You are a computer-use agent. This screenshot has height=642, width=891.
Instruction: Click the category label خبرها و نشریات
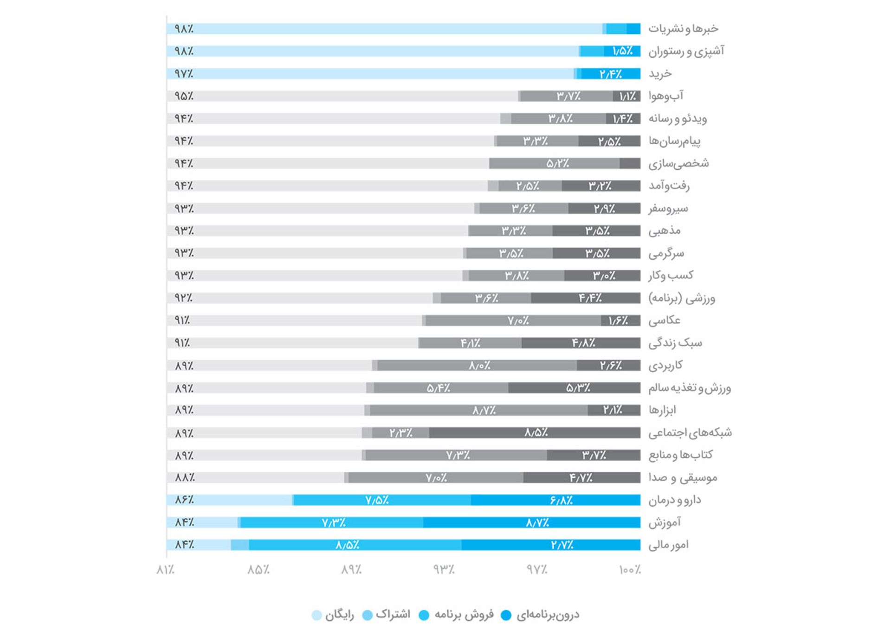[683, 29]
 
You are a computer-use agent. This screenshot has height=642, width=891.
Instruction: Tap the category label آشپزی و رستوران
[685, 51]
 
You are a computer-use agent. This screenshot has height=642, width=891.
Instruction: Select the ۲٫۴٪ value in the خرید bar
[610, 74]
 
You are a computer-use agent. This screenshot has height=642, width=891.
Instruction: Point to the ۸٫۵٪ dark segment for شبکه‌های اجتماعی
[536, 433]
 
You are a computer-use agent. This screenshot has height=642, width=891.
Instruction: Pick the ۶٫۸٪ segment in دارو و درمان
[561, 500]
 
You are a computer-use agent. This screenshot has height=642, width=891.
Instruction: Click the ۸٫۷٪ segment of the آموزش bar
[537, 523]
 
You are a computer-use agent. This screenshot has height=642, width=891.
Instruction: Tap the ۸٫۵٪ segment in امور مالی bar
[347, 545]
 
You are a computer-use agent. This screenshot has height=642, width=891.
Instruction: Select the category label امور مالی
[668, 545]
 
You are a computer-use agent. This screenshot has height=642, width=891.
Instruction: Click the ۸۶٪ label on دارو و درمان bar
[184, 500]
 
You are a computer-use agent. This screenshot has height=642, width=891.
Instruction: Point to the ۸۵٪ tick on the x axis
[258, 570]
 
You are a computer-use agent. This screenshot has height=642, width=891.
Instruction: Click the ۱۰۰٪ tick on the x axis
[629, 570]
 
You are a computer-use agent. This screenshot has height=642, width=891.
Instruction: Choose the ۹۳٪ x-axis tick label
[444, 570]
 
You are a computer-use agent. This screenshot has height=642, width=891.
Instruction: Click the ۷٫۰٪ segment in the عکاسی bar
[517, 321]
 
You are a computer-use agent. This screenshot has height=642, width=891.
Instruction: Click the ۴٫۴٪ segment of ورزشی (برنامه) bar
[590, 298]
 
